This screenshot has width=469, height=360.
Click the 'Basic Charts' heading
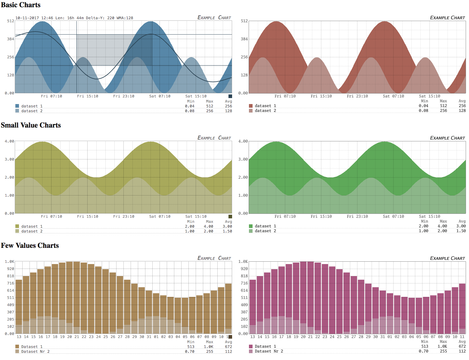tap(21, 5)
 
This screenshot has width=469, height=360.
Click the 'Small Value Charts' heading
tap(31, 125)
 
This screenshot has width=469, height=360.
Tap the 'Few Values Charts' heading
tap(30, 245)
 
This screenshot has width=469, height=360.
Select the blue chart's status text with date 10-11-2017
tap(74, 18)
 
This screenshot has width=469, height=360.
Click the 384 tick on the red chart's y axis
tap(244, 39)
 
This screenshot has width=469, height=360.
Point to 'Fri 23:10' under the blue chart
tap(124, 96)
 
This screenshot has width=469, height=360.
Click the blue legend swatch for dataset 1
tap(17, 106)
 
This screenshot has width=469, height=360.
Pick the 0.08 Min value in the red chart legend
tap(423, 111)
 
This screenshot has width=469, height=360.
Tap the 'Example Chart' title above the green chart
tap(447, 138)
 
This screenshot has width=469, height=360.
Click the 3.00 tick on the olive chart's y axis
tap(9, 159)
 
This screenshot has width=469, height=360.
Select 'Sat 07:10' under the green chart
tap(393, 217)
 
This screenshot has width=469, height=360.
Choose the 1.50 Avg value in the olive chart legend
tap(227, 231)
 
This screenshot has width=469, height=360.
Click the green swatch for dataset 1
tap(251, 226)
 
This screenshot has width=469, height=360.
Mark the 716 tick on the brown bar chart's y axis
tap(11, 283)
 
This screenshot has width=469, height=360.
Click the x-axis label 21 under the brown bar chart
tap(77, 337)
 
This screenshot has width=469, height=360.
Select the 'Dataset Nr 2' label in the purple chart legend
tap(269, 351)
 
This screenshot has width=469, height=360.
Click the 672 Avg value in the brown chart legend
tap(228, 347)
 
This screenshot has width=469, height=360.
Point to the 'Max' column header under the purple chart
tap(443, 342)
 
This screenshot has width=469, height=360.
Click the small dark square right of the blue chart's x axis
tap(230, 96)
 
